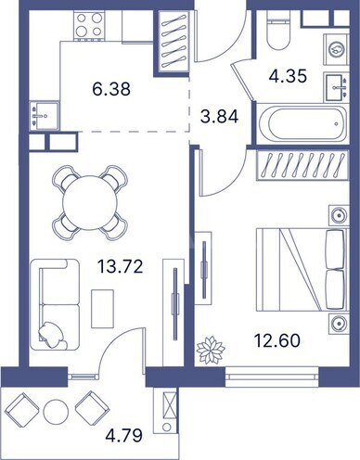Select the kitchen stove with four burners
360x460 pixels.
coord(90,26)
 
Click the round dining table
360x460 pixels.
coord(89,198)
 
